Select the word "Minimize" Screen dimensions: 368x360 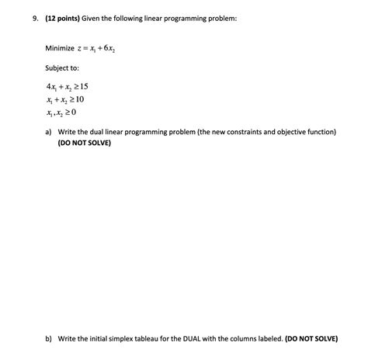click(x=60, y=48)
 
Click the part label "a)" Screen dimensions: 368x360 click(x=48, y=133)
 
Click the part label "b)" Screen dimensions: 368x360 click(x=48, y=339)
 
